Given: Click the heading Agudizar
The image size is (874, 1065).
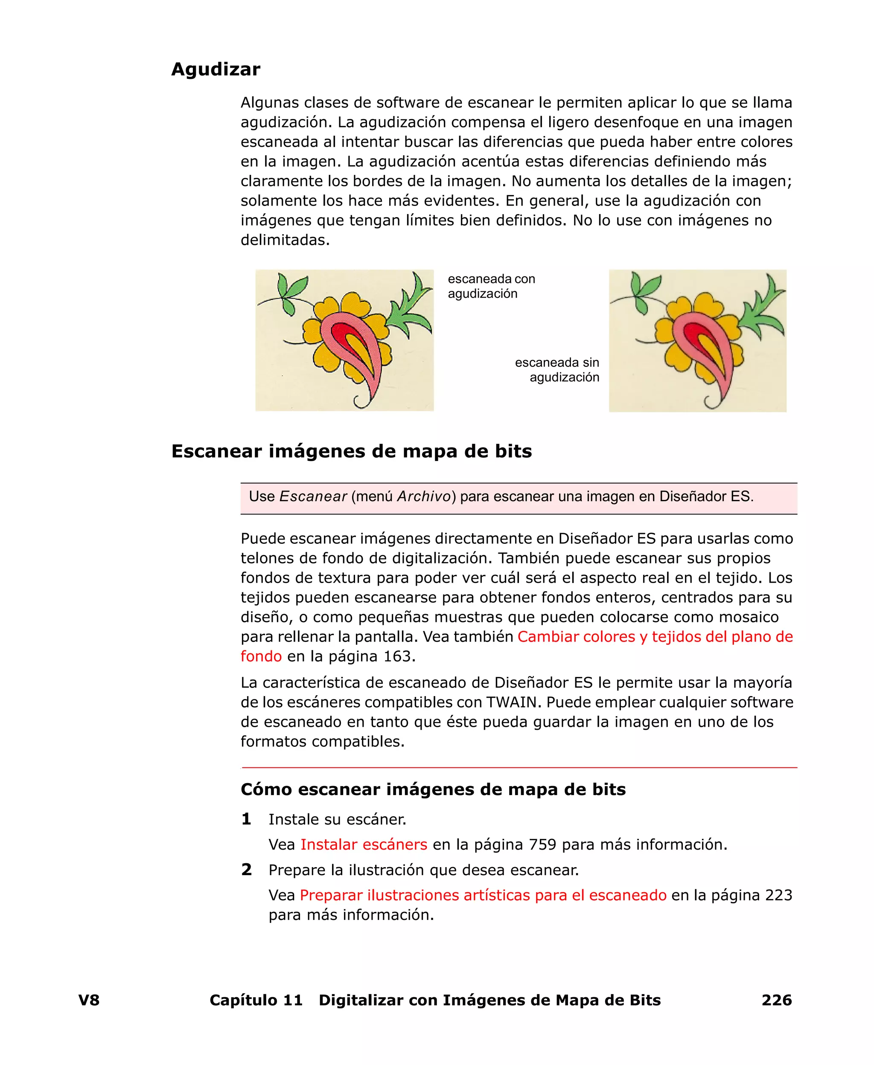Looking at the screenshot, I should tap(216, 69).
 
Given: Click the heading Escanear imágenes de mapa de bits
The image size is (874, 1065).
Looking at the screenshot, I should tap(351, 451).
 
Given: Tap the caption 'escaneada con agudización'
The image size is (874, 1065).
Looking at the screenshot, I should tap(491, 286).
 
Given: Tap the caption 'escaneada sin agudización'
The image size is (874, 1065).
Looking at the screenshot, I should tap(557, 369).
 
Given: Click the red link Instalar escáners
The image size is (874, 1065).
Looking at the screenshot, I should tap(364, 844).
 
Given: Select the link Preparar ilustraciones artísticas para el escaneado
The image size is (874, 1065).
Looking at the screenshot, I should tap(483, 895).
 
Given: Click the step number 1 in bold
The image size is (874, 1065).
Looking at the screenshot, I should tap(246, 819).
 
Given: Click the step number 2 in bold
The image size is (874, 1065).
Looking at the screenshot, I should tap(246, 869).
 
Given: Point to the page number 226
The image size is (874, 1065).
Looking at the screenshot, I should tap(776, 1000).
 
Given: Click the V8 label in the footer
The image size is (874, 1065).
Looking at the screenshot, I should tap(89, 1000).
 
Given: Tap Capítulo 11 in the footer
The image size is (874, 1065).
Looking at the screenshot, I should tap(256, 1000).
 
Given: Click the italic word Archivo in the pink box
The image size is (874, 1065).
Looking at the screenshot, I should tap(424, 496).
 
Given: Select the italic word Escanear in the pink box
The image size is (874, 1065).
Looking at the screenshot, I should tap(313, 496).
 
